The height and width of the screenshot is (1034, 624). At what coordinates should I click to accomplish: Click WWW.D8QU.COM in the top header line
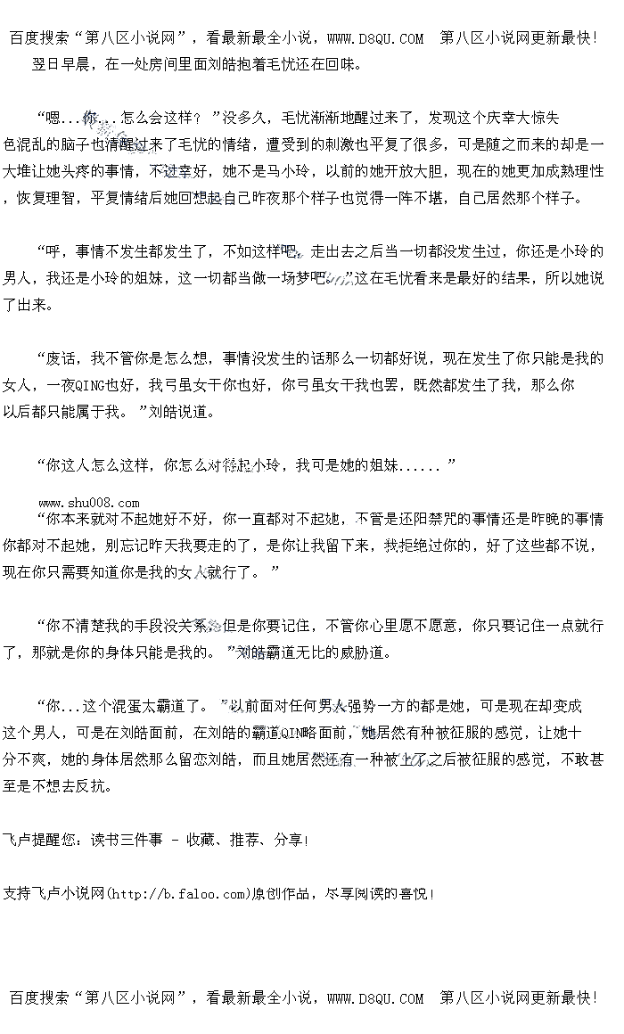(x=375, y=38)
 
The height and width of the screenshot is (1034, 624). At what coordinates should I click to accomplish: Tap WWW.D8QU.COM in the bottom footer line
(x=375, y=998)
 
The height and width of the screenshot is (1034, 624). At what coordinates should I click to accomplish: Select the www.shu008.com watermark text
(x=89, y=503)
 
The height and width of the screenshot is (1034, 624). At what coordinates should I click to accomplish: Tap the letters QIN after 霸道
(x=294, y=734)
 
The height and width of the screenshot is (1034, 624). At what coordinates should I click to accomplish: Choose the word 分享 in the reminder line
(x=289, y=840)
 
